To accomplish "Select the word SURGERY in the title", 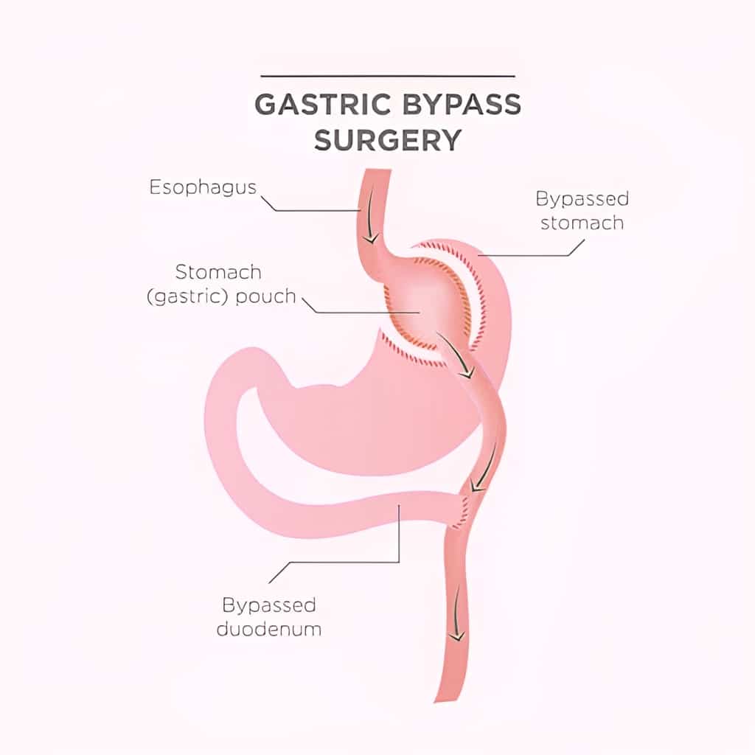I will [389, 139].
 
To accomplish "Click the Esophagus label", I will [203, 187].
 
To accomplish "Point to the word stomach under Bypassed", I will [582, 223].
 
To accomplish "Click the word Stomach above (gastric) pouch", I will [218, 272].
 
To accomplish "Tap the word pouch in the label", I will [265, 297].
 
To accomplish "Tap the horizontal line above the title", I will [388, 76].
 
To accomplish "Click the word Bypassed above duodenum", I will [269, 605].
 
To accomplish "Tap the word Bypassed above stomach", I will [582, 198].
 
